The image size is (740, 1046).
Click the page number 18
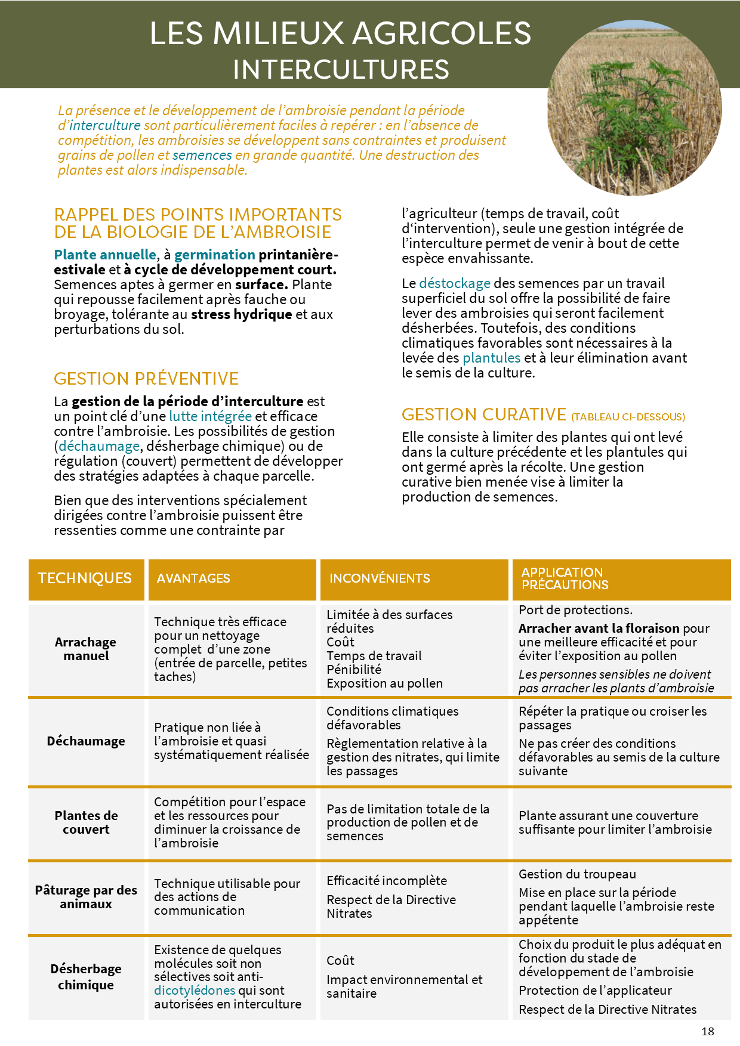(x=708, y=1031)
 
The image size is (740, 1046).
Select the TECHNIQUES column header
(x=85, y=578)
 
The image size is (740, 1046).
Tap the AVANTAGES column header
(x=193, y=578)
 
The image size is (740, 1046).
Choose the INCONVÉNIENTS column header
(x=380, y=578)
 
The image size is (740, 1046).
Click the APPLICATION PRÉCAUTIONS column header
(x=565, y=578)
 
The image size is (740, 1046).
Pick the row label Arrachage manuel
(x=86, y=649)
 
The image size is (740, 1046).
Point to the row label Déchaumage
(x=86, y=741)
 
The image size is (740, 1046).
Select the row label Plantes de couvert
(x=86, y=822)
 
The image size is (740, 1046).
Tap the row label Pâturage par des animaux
(x=86, y=897)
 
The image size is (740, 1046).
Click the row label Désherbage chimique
(x=86, y=977)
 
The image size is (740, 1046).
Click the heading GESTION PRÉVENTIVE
(x=146, y=379)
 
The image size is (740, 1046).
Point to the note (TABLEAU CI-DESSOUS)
(x=628, y=417)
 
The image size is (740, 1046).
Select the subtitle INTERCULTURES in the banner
(x=341, y=69)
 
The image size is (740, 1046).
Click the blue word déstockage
(x=455, y=283)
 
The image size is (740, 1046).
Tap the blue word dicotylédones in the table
(x=195, y=991)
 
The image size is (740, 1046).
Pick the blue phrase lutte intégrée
(x=210, y=416)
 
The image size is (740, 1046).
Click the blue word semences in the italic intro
(x=202, y=155)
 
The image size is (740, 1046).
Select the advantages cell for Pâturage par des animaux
(x=227, y=897)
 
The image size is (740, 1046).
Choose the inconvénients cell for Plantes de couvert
(x=408, y=822)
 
